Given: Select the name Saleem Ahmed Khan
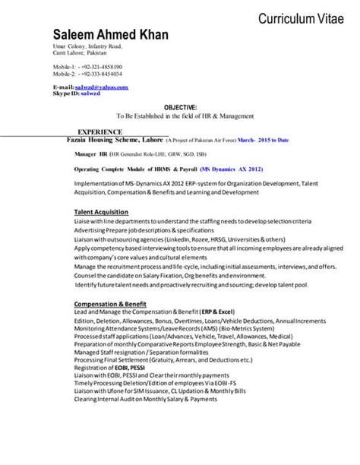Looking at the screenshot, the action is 110,35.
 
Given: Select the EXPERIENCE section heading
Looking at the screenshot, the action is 99,131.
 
